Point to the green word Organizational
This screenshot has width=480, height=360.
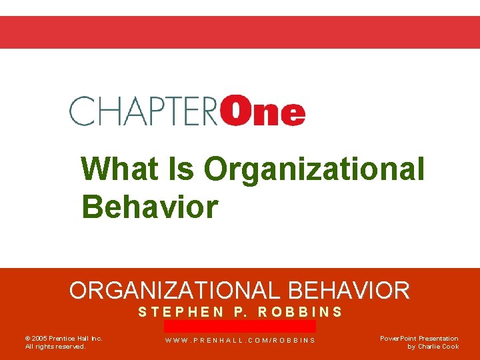(314, 169)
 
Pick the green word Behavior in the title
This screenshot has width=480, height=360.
(149, 207)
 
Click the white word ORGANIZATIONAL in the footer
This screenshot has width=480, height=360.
(176, 290)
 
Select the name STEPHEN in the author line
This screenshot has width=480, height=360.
(181, 311)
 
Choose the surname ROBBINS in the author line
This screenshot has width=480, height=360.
(300, 311)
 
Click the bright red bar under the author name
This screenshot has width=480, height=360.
(240, 326)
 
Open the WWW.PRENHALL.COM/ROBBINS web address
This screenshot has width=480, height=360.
(240, 341)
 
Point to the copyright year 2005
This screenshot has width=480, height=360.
(39, 339)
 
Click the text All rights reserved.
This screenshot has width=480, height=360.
(55, 347)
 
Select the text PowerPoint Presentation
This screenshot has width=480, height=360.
(419, 339)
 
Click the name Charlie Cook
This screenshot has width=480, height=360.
(438, 347)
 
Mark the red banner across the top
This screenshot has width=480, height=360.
(240, 32)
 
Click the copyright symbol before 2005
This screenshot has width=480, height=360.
(27, 339)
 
